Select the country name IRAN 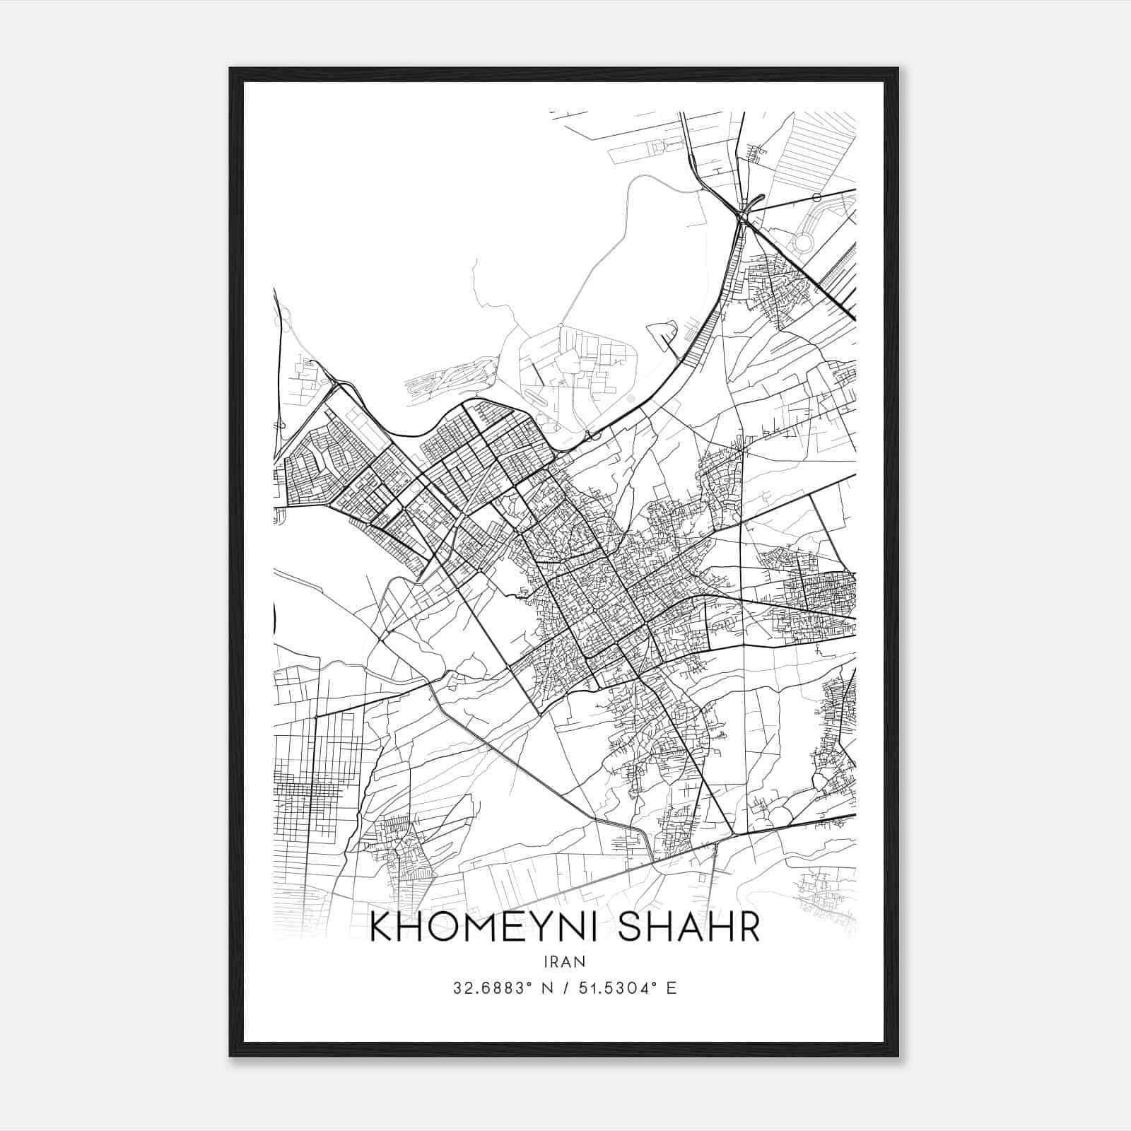pos(565,961)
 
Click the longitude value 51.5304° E pos(628,988)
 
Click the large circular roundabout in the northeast pos(804,244)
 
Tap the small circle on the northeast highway pos(817,197)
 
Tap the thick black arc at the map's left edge pos(274,619)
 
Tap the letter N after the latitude pos(546,988)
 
